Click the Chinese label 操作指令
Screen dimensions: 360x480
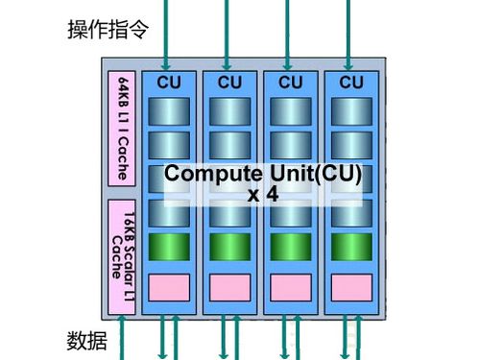click(x=108, y=29)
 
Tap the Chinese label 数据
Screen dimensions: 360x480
click(x=87, y=341)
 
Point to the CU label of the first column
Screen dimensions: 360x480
click(x=168, y=83)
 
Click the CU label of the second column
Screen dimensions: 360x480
click(x=229, y=83)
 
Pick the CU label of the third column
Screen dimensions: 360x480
click(x=290, y=83)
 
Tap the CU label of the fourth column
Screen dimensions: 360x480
click(x=351, y=83)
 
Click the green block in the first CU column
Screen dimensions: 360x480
click(x=168, y=246)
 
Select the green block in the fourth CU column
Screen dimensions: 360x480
click(x=351, y=246)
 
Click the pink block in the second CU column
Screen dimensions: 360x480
click(x=229, y=287)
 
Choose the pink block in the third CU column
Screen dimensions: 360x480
click(x=290, y=287)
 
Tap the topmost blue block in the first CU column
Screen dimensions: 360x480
click(x=168, y=110)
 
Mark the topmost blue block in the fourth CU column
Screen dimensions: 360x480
click(x=351, y=110)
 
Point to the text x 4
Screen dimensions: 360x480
click(x=262, y=195)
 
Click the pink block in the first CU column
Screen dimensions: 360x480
click(x=168, y=287)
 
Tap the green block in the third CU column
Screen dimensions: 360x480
click(x=290, y=246)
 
